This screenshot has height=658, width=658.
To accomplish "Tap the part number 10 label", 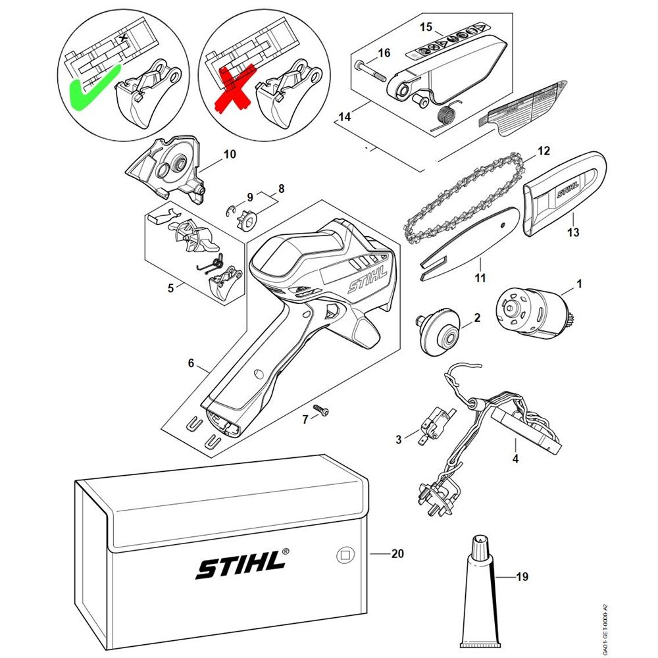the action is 230,155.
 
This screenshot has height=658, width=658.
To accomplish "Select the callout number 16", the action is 384,52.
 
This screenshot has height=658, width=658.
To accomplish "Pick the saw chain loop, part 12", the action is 461,197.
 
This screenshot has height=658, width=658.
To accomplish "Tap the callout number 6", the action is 191,363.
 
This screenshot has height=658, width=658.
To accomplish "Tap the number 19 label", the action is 522,578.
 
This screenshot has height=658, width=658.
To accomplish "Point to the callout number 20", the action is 397,554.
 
